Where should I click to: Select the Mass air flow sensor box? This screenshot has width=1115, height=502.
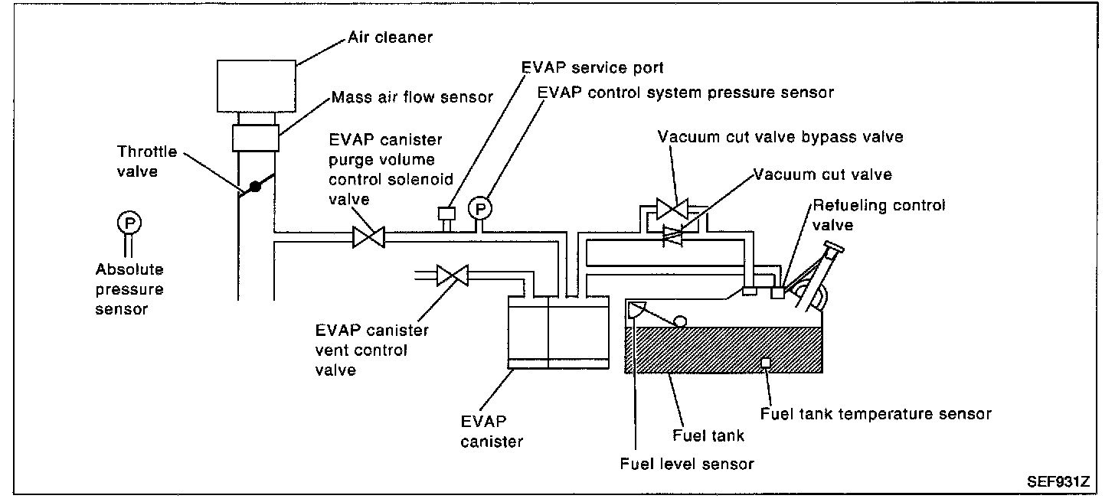[255, 140]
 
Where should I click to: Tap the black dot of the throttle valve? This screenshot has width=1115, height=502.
[255, 187]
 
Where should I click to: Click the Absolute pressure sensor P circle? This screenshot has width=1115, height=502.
[128, 223]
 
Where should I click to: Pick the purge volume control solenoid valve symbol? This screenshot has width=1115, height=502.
[368, 237]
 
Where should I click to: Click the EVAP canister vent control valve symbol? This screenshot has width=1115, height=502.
[453, 275]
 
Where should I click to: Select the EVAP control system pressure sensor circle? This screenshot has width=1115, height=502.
[479, 207]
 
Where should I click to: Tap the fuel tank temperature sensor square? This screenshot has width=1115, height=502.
[765, 362]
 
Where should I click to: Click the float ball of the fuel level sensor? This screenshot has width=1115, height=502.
[679, 321]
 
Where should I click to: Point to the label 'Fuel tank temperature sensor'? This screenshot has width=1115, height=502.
[875, 414]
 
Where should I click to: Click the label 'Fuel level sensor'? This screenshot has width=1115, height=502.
[687, 463]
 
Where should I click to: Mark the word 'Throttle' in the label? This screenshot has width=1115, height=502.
[147, 152]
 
